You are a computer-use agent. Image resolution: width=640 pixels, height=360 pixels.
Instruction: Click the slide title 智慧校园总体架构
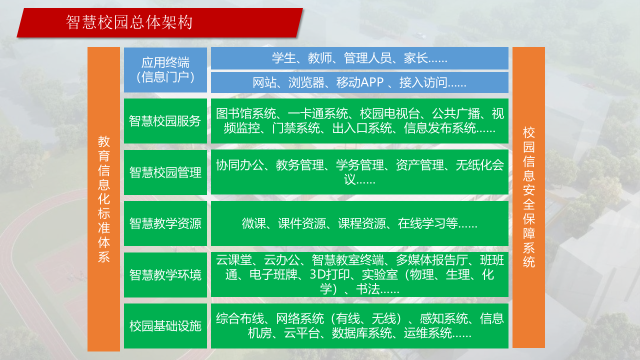[x=129, y=22]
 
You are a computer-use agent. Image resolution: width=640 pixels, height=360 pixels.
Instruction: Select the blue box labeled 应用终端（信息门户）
[x=165, y=70]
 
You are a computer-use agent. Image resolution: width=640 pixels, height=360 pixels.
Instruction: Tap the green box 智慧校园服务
[x=165, y=121]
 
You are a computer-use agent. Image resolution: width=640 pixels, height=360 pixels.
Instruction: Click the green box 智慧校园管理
[x=165, y=172]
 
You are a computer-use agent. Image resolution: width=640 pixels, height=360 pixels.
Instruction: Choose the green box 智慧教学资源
[x=165, y=223]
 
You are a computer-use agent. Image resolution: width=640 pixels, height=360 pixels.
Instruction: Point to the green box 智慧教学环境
[x=165, y=275]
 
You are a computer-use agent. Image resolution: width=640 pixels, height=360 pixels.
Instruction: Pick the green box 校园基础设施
[x=165, y=326]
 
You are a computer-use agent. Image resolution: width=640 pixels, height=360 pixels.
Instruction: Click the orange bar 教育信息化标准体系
[x=103, y=199]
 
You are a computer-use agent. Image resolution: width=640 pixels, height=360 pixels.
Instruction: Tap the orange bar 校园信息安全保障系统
[x=528, y=197]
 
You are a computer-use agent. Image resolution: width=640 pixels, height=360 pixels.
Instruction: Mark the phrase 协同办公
[x=239, y=165]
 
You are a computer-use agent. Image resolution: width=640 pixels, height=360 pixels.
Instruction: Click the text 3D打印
[x=325, y=275]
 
